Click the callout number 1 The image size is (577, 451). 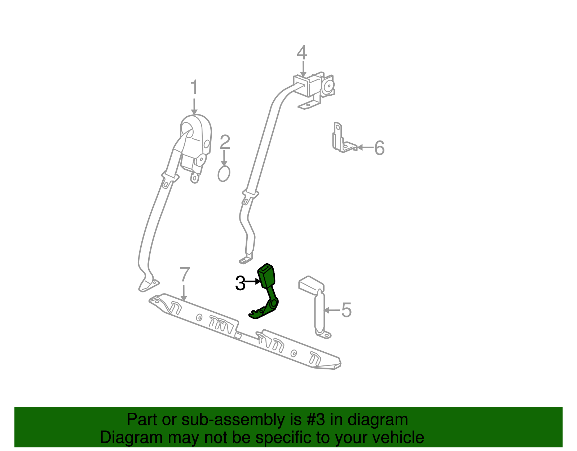194,87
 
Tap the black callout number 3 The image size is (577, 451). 240,283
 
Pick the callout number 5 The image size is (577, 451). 346,310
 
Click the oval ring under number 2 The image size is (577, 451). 224,174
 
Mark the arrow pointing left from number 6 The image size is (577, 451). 365,147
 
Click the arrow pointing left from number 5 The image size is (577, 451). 332,310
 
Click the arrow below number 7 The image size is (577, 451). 184,293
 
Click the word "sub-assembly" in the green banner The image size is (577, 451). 241,419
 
